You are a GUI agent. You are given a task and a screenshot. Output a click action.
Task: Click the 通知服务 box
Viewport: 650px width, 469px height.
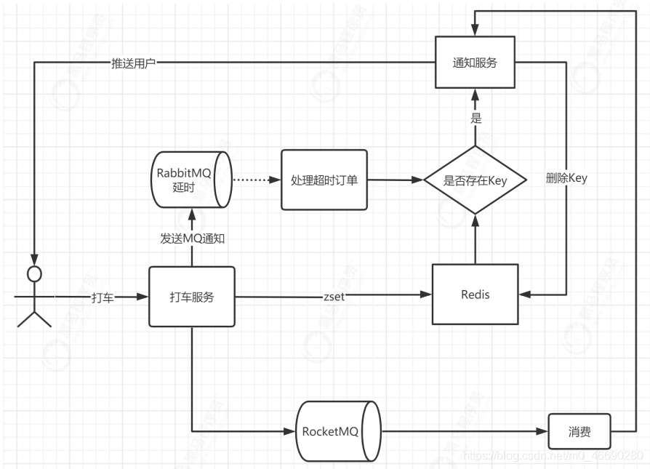click(x=475, y=63)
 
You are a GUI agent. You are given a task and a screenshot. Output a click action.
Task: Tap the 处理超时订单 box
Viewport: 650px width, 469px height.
click(x=324, y=180)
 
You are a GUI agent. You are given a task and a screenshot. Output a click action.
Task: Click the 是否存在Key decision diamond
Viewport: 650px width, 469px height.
click(x=475, y=180)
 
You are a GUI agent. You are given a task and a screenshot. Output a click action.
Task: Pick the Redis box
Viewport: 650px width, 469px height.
click(x=475, y=294)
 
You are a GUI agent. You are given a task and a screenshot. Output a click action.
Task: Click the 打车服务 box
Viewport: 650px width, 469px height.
click(x=192, y=297)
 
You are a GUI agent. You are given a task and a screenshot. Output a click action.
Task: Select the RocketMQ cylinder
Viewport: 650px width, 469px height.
click(x=338, y=430)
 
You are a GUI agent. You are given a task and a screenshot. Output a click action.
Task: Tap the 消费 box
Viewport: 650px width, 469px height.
click(x=579, y=432)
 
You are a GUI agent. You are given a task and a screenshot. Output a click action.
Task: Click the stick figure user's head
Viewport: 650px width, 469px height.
click(x=32, y=273)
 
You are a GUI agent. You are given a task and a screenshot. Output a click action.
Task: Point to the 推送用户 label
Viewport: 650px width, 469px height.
click(x=133, y=63)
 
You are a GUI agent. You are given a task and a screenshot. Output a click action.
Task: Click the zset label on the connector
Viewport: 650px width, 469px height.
click(x=335, y=296)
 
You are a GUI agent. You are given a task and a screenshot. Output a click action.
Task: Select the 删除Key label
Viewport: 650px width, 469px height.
click(x=566, y=178)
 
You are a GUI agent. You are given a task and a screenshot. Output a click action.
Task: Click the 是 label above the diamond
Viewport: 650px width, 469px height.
click(x=476, y=117)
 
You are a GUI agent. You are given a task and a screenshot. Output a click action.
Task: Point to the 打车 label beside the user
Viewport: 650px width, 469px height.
click(x=102, y=297)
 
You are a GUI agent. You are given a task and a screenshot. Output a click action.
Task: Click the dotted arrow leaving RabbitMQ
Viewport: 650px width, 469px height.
click(x=255, y=179)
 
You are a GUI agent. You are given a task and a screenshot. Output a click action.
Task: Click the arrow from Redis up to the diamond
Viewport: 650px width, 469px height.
click(x=475, y=240)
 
